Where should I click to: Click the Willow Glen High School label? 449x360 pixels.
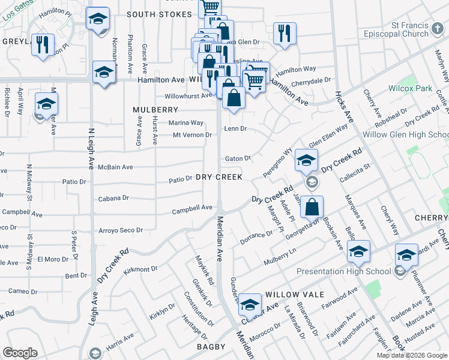[413, 134]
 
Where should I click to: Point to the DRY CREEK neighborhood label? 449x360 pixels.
[219, 177]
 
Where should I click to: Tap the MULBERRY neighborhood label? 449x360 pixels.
[156, 110]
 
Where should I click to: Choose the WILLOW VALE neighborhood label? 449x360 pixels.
[295, 295]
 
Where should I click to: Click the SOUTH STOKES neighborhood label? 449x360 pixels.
[159, 14]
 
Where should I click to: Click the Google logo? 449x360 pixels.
[20, 353]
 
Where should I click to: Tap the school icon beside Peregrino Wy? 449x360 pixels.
[306, 160]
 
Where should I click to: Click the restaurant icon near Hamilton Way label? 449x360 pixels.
[282, 34]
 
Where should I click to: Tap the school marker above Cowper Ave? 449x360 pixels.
[250, 305]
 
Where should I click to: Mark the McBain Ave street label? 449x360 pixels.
[116, 167]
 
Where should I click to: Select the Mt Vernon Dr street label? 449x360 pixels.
[192, 135]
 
